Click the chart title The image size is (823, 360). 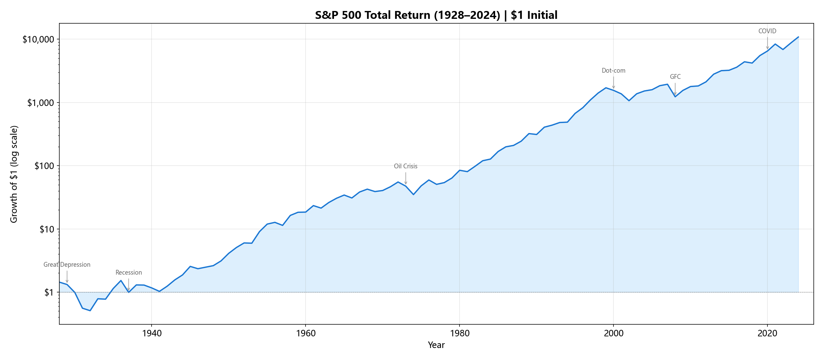coord(436,15)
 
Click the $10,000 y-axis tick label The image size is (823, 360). coord(38,39)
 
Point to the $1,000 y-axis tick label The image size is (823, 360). coord(41,103)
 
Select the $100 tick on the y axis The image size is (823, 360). coord(44,166)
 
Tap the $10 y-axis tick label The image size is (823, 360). coord(47,229)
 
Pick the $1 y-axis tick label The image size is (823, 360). coord(49,292)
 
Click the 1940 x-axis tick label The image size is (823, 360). coord(152,334)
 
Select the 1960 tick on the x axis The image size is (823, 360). coord(306,334)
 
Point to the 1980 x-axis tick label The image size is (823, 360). coord(460,334)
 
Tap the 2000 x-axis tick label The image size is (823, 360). coord(613,334)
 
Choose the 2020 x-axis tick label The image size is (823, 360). coord(767,334)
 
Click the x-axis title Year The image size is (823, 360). coord(436,345)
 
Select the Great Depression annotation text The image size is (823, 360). coord(67,265)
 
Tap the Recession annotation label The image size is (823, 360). coord(129,273)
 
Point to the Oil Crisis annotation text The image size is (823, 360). coord(406,166)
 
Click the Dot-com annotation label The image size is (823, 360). coord(613,71)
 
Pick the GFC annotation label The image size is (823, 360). coord(675,77)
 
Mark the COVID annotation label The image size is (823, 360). coord(767,31)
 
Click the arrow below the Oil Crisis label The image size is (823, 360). coord(406,178)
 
